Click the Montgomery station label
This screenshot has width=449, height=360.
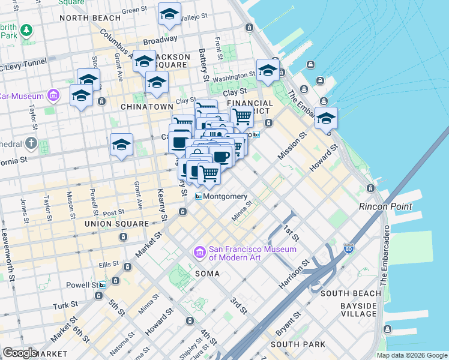[x=225, y=196]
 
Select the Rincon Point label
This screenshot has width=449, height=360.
[x=385, y=206]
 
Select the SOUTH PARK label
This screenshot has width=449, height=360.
[x=298, y=344]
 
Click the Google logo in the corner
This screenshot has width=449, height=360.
[x=19, y=353]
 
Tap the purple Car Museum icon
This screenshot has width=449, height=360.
[x=53, y=95]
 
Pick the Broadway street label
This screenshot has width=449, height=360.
[x=160, y=40]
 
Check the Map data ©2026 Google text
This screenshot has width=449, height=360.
[x=411, y=355]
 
